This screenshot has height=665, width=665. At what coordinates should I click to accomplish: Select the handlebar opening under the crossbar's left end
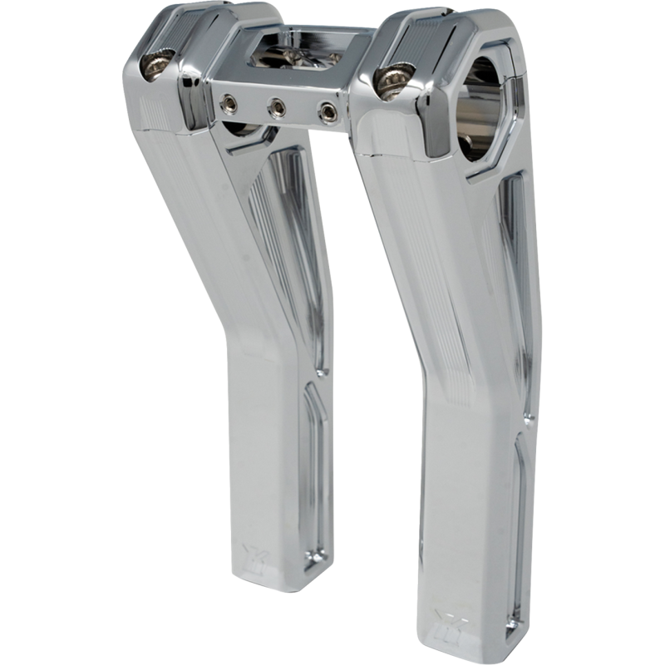click(x=241, y=133)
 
